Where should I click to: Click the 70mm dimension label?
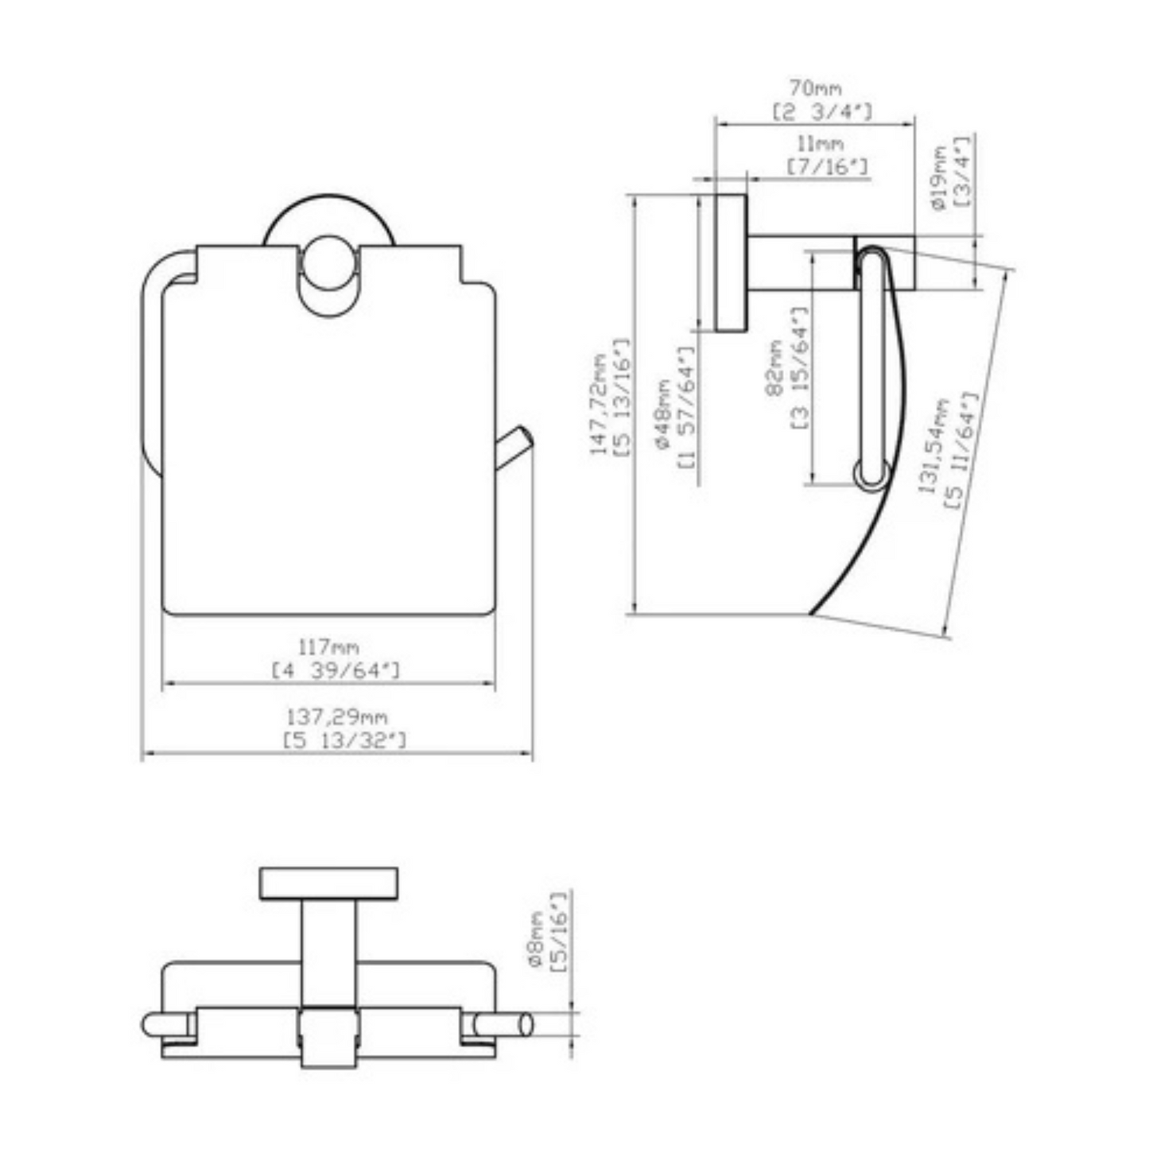[815, 87]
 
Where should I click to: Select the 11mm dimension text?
[821, 144]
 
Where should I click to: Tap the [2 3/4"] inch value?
[821, 112]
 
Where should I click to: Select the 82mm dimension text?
[774, 367]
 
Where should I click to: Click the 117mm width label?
[328, 648]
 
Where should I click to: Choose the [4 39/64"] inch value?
[335, 671]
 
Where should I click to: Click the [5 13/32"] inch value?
[344, 741]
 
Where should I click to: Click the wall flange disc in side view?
[730, 262]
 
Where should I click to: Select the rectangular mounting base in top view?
[328, 883]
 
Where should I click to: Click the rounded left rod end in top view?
[153, 1026]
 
